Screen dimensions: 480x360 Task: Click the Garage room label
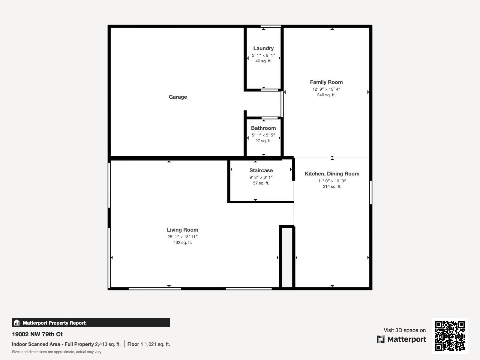[178, 97]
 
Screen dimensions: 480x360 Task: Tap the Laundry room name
[263, 48]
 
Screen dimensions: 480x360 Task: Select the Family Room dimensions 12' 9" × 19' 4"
[326, 89]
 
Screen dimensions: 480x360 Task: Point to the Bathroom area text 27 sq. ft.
[263, 141]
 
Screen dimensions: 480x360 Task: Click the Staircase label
[261, 170]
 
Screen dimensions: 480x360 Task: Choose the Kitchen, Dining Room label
[332, 174]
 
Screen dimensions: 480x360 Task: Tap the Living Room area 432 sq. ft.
[183, 242]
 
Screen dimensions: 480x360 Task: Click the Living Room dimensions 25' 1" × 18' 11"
[183, 237]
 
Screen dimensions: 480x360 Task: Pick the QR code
[450, 336]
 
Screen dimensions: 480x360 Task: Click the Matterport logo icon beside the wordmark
[381, 339]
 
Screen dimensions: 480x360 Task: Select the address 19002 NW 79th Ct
[37, 334]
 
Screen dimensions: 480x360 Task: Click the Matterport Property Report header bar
[91, 322]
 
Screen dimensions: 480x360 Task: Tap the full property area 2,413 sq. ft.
[108, 344]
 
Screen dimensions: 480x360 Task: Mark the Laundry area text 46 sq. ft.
[263, 61]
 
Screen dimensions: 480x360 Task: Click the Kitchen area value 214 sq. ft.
[332, 186]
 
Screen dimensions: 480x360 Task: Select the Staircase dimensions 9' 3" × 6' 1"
[261, 177]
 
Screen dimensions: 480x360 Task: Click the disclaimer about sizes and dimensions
[57, 352]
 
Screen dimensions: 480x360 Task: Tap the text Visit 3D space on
[405, 330]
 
